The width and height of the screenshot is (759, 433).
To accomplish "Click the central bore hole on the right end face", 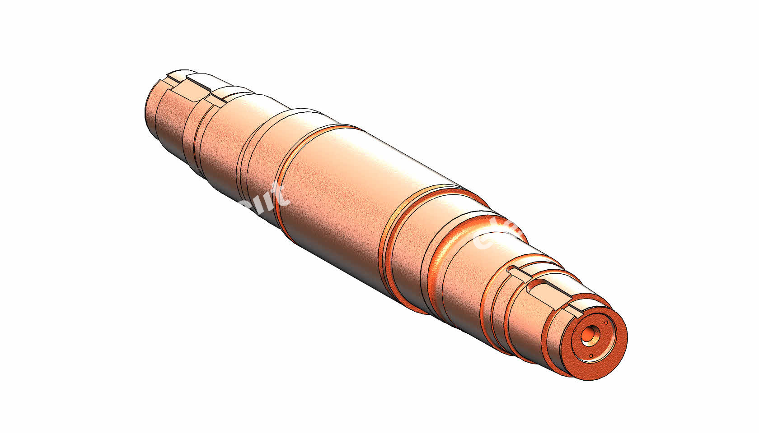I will (x=589, y=335).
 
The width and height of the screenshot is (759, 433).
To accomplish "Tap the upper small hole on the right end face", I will (x=605, y=322).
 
